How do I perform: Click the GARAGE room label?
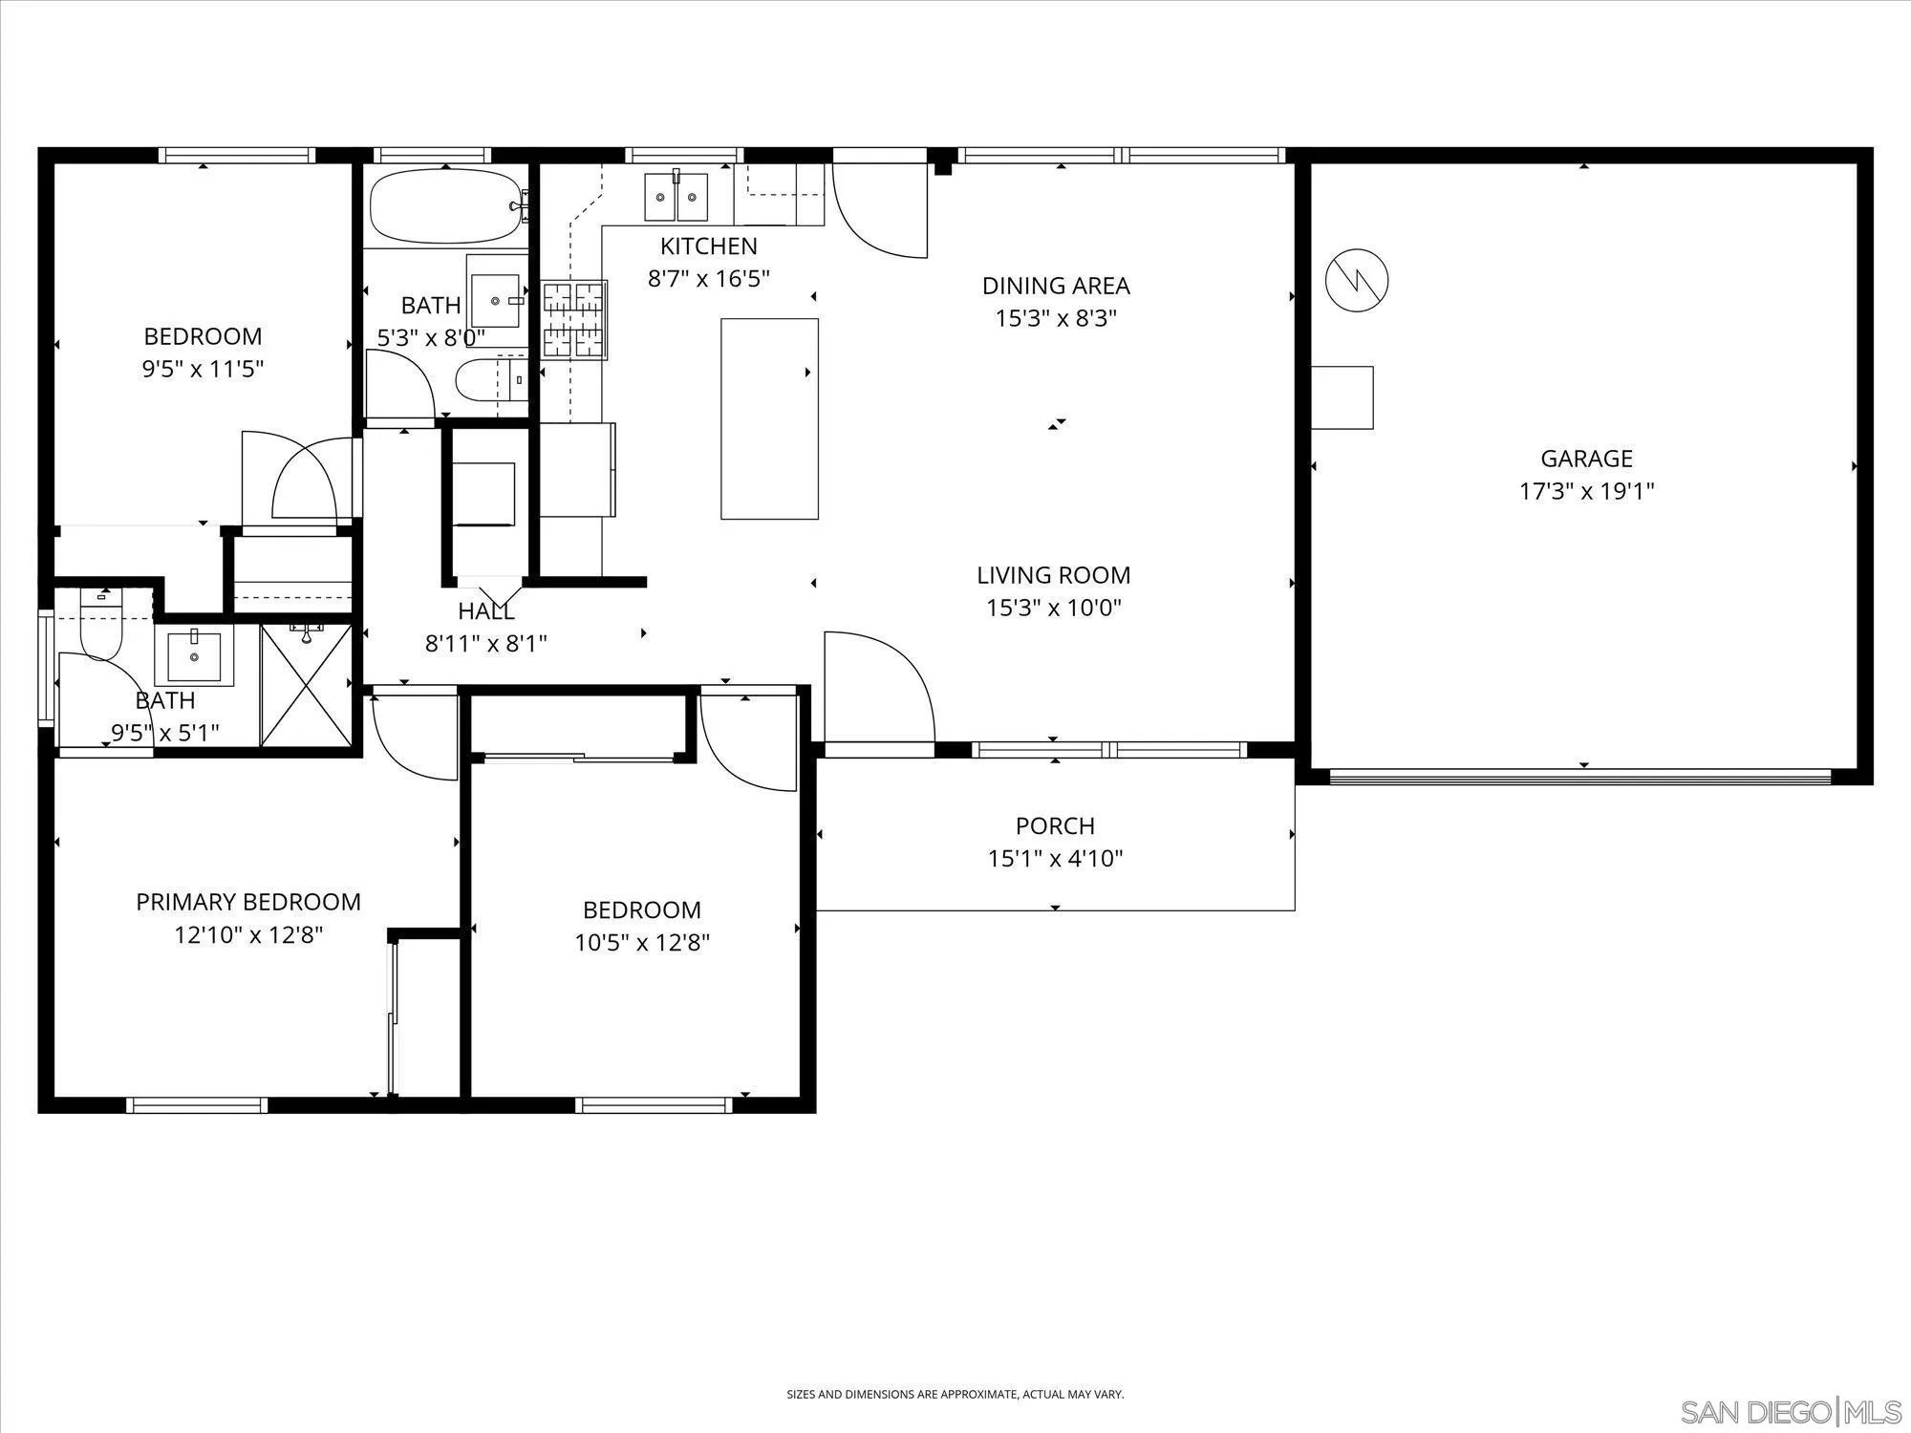[x=1586, y=459]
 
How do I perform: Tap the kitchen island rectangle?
[x=769, y=418]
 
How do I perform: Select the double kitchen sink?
[x=676, y=197]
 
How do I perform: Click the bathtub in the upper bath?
[x=446, y=206]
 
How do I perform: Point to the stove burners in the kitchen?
[x=574, y=319]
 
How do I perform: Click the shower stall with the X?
[x=306, y=682]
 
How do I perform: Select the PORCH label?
[x=1055, y=825]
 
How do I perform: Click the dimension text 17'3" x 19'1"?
[x=1586, y=491]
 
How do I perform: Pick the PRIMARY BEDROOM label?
[x=248, y=902]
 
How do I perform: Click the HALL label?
[x=486, y=611]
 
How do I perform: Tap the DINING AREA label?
[x=1056, y=286]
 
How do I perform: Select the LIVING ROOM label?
[x=1054, y=575]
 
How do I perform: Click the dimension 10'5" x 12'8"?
[x=642, y=943]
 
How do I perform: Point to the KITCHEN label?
[x=709, y=246]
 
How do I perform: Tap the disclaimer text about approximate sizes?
[x=955, y=1368]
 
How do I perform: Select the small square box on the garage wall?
[x=1342, y=397]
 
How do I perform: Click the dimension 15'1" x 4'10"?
[x=1055, y=858]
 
